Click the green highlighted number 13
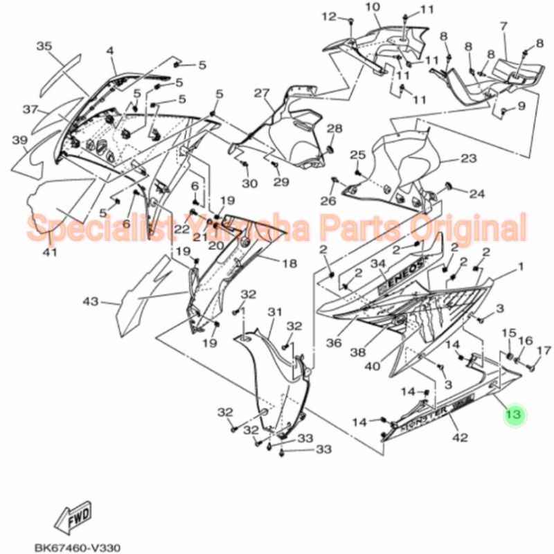pyautogui.click(x=514, y=415)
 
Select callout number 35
pyautogui.click(x=44, y=46)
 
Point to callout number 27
pyautogui.click(x=260, y=93)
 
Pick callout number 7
pyautogui.click(x=503, y=26)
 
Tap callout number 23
pyautogui.click(x=469, y=159)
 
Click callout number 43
pyautogui.click(x=91, y=302)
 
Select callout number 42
pyautogui.click(x=460, y=437)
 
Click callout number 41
pyautogui.click(x=48, y=252)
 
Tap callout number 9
pyautogui.click(x=521, y=106)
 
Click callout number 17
pyautogui.click(x=544, y=350)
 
